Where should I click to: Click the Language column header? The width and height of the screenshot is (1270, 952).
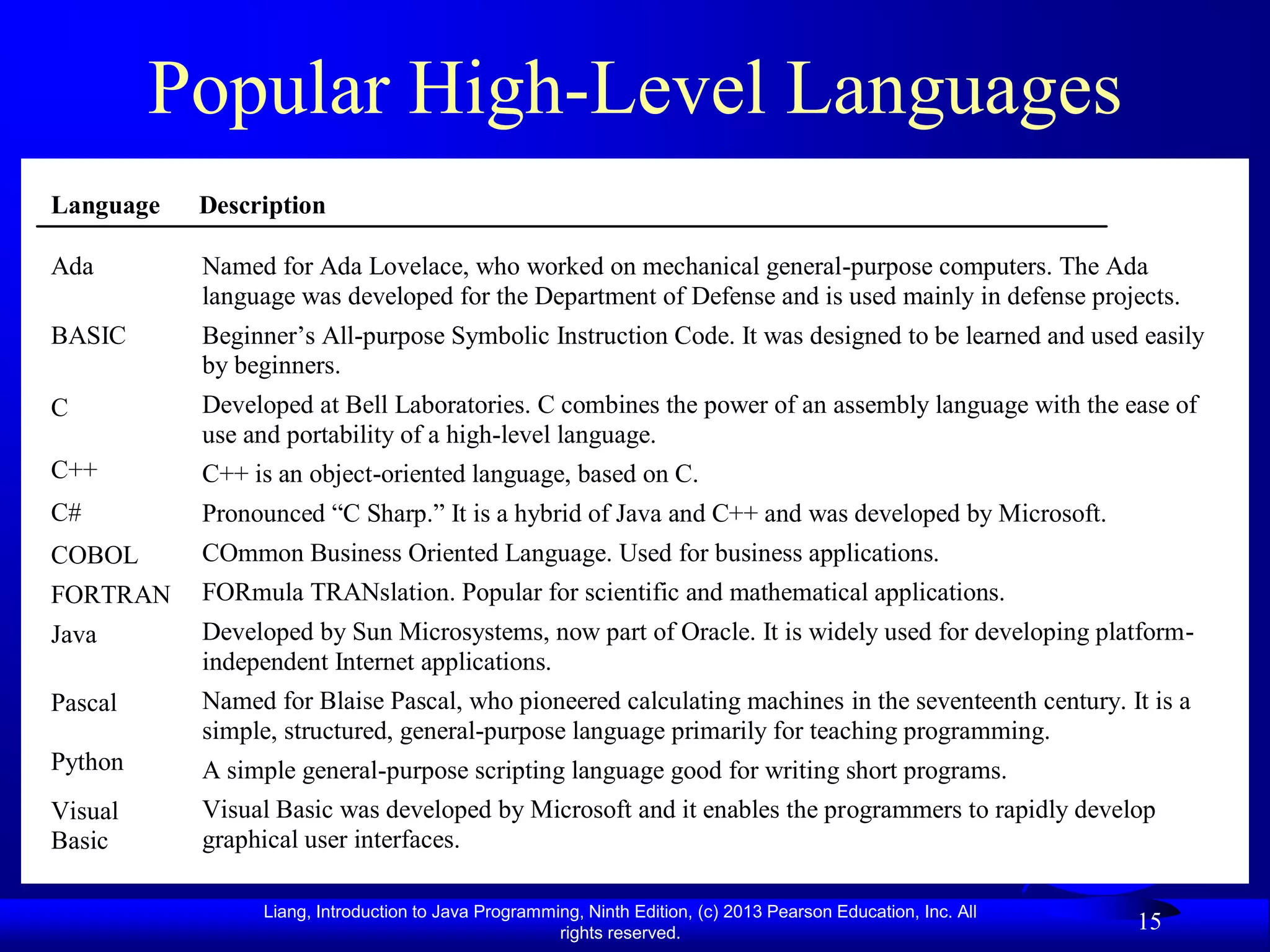point(105,205)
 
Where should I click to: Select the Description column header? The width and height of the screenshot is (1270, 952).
point(262,205)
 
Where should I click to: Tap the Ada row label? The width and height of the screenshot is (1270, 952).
point(73,267)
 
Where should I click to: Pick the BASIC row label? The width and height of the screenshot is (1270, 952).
point(89,336)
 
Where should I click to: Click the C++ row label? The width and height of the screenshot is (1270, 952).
point(74,470)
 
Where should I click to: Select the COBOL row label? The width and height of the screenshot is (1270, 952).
point(94,555)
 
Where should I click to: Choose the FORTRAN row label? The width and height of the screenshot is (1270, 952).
point(110,595)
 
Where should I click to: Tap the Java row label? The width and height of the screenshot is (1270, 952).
point(74,635)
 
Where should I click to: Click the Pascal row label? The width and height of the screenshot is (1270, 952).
point(84,703)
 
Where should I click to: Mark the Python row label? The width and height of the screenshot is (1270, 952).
point(87,762)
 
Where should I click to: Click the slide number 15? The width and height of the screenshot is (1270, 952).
point(1149,922)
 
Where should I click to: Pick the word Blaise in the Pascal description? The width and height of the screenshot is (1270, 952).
point(352,701)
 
